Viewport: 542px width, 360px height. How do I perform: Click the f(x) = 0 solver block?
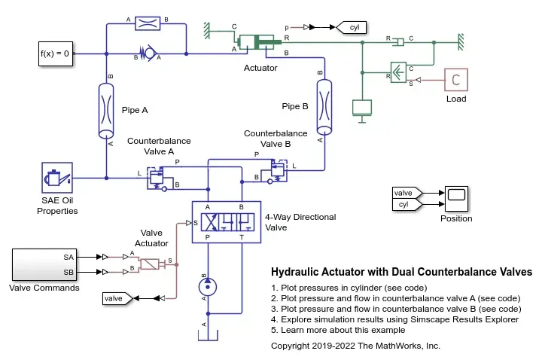coord(56,53)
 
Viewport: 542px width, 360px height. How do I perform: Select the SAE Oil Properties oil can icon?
coord(57,178)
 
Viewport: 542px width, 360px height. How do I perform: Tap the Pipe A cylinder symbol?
coord(106,110)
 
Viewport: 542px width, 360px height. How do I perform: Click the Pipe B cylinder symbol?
coord(324,107)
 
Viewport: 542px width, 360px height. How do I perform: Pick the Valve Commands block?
coord(44,264)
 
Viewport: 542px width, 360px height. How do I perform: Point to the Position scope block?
coord(456,199)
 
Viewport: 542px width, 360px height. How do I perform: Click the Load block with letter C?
coord(456,80)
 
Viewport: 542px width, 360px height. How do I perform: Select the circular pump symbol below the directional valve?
coord(208,287)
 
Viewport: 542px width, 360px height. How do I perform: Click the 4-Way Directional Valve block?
coord(227,222)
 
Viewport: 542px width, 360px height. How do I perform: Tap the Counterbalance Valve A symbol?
coord(157,178)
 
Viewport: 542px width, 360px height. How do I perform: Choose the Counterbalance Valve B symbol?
coord(277,171)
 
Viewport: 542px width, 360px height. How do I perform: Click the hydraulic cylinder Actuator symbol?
coord(259,42)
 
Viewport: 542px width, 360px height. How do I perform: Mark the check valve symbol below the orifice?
coord(148,53)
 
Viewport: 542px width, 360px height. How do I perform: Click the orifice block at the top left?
coord(148,23)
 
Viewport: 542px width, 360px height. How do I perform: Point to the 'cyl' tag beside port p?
coord(352,27)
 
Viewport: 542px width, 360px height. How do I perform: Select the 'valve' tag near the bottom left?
coord(117,298)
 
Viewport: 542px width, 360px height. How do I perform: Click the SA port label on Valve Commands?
coord(69,258)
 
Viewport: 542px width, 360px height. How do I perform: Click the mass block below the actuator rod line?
coord(362,108)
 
